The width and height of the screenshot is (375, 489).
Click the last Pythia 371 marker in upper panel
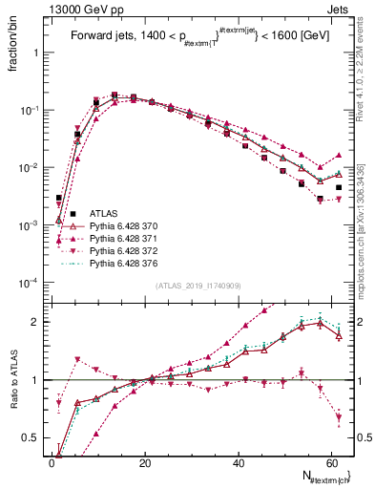tap(339, 154)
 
